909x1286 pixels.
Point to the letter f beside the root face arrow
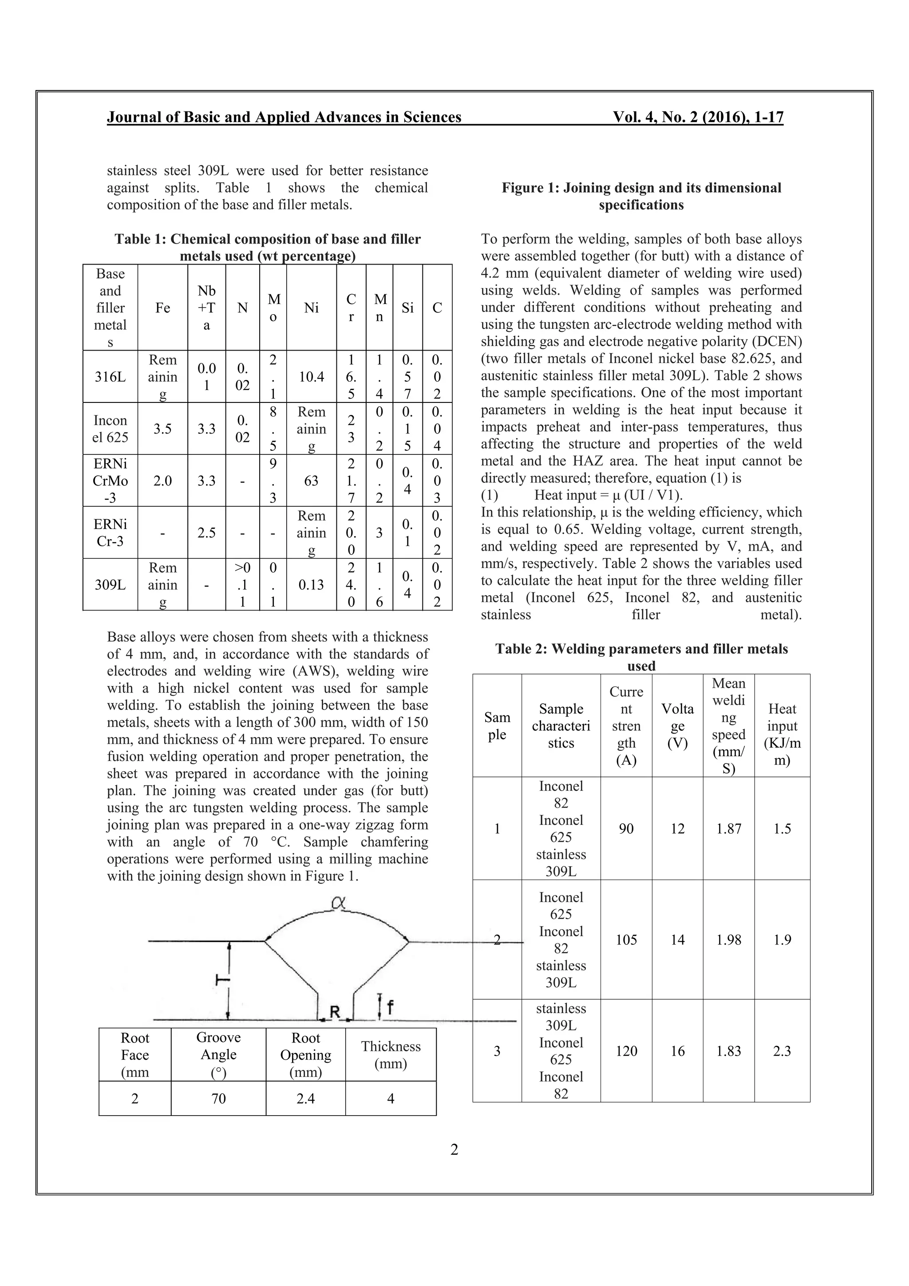point(391,1008)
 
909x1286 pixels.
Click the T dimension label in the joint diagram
point(223,980)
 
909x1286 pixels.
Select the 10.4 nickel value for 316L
point(312,377)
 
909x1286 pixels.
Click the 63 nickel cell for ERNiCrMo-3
point(312,481)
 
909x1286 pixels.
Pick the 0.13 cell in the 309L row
point(312,585)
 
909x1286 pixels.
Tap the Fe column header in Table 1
point(162,308)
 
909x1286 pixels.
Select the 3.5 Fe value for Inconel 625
point(162,429)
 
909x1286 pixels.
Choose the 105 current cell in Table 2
point(626,940)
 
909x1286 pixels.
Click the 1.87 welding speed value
point(729,829)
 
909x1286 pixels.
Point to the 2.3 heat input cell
point(782,1051)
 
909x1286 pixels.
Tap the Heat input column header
point(782,726)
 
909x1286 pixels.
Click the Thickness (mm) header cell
point(391,1055)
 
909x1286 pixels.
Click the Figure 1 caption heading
point(641,196)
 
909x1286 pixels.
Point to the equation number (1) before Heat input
point(490,495)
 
